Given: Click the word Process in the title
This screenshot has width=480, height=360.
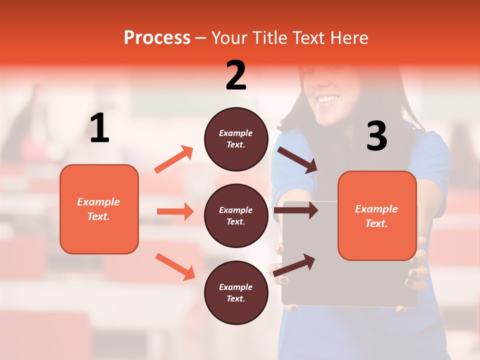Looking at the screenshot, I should pos(157,38).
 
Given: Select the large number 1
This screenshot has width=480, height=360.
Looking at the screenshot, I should pos(99,129).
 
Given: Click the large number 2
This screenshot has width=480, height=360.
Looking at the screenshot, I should pos(236,75).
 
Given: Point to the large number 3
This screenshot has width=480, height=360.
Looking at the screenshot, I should pos(376,136).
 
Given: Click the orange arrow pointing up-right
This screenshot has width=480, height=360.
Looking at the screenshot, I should pos(174,159).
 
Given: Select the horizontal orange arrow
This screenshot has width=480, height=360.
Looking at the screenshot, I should pos(175,211).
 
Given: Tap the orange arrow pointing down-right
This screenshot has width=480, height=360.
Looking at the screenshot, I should pos(175,266).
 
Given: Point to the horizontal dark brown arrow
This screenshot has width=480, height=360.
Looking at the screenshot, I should pos(296,210).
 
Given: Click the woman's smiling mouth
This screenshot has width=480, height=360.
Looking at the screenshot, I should pos(327,100).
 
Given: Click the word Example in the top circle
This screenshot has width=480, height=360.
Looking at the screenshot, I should pos(236,133).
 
